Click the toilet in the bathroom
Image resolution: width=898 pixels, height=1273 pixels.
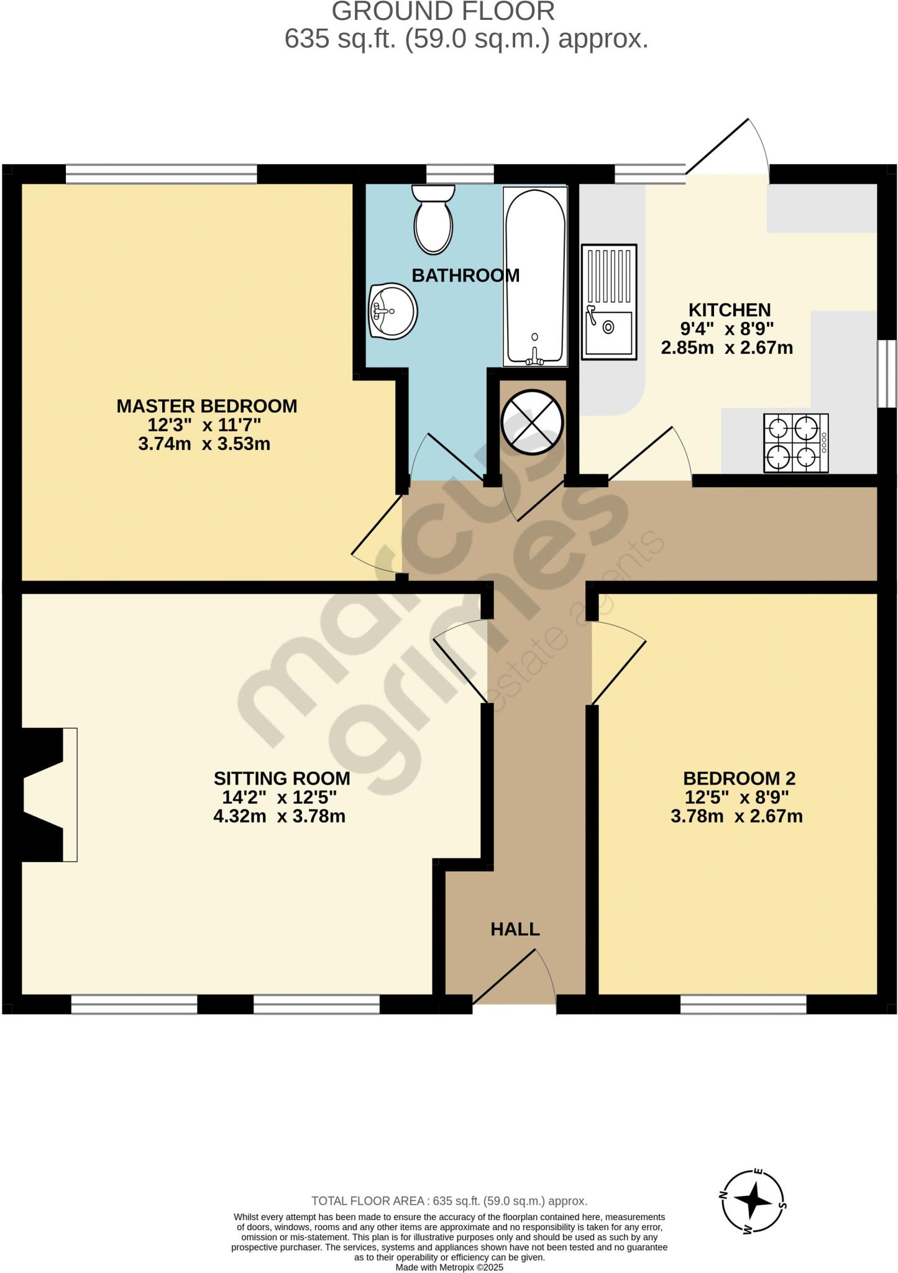[433, 221]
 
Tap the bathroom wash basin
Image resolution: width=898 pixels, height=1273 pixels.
[393, 311]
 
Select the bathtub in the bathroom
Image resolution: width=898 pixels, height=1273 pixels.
[535, 277]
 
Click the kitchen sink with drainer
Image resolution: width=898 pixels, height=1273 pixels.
[609, 301]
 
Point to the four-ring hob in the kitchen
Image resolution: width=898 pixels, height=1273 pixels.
[795, 443]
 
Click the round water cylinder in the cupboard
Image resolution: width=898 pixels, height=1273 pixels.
[533, 423]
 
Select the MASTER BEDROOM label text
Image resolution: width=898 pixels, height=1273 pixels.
[207, 406]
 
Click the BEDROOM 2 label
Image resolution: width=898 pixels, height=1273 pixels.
[739, 778]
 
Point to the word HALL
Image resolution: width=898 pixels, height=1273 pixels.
[515, 929]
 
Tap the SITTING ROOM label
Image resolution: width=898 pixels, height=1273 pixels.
[282, 778]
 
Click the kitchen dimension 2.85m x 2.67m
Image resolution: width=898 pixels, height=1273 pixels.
[726, 347]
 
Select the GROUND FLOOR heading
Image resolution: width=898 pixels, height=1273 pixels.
[443, 12]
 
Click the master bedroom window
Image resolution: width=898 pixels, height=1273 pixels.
[161, 174]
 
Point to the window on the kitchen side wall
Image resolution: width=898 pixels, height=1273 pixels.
[887, 374]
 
